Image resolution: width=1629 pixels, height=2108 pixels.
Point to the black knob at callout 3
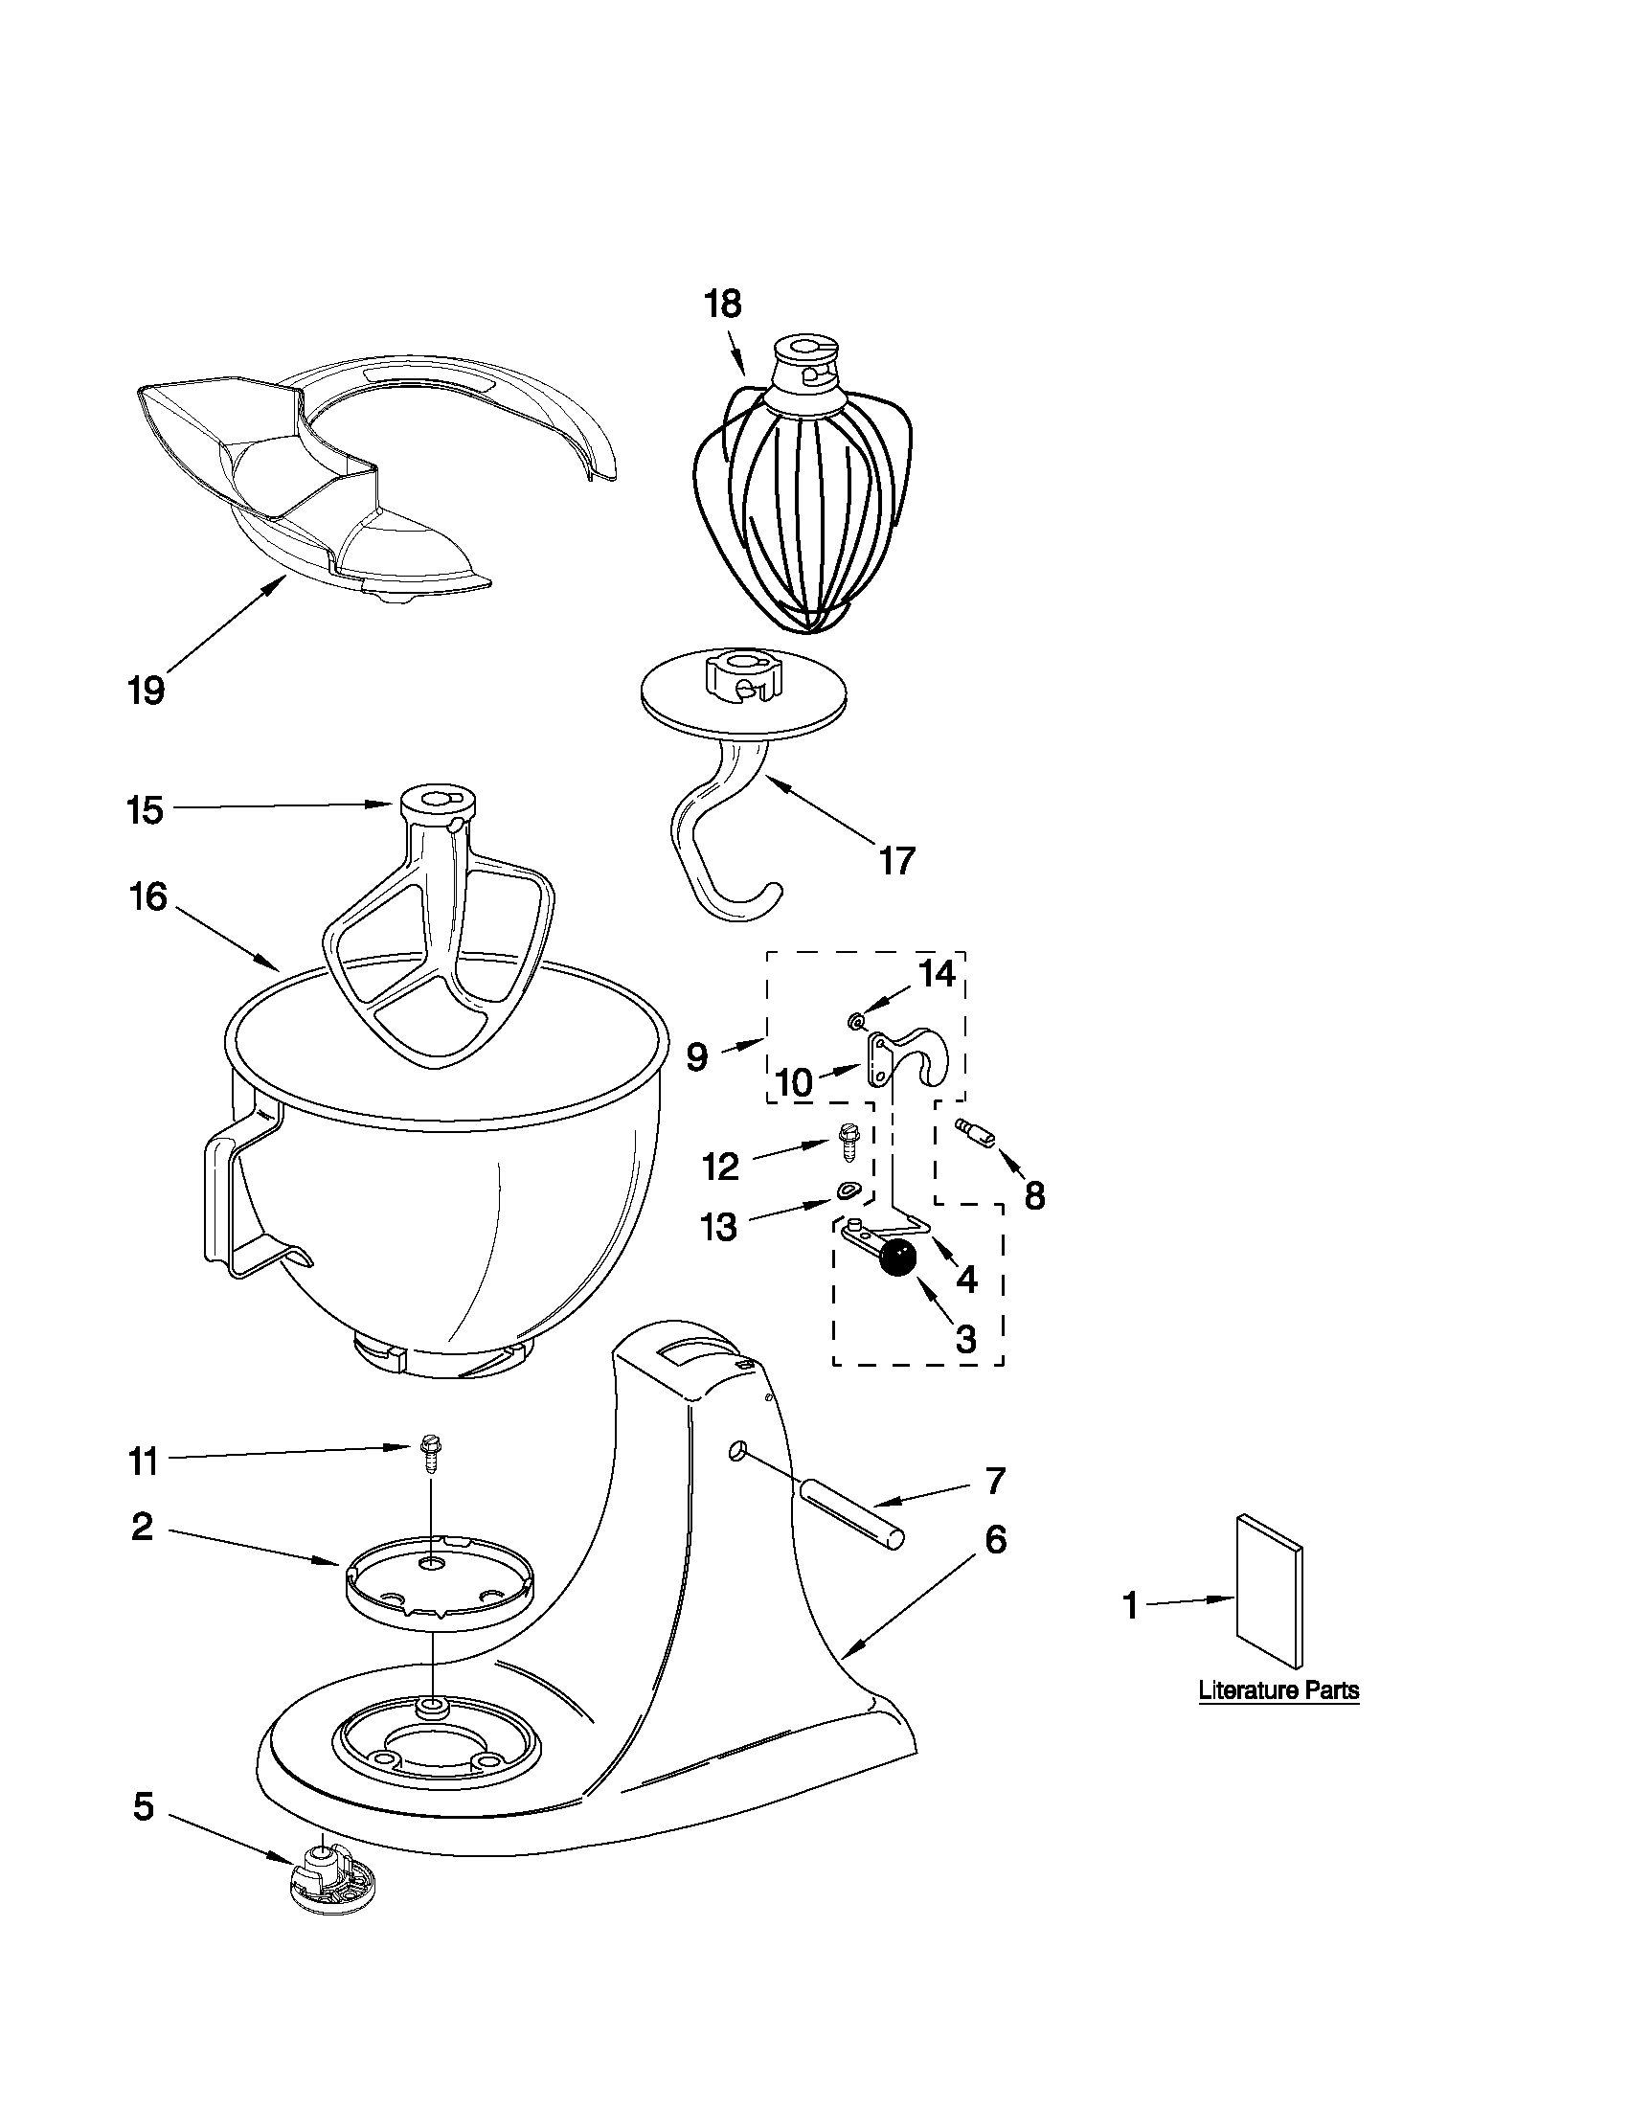click(897, 1258)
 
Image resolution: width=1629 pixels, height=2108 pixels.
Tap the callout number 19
click(147, 691)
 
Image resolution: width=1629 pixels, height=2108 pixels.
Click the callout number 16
click(148, 896)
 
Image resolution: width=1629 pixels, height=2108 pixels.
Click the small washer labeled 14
click(855, 1020)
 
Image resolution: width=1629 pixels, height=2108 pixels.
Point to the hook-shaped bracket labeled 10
click(912, 1056)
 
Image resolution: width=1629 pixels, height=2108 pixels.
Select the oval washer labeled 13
click(848, 1190)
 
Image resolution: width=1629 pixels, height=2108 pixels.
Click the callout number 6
click(996, 1541)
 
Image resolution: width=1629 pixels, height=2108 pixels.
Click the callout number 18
click(722, 305)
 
